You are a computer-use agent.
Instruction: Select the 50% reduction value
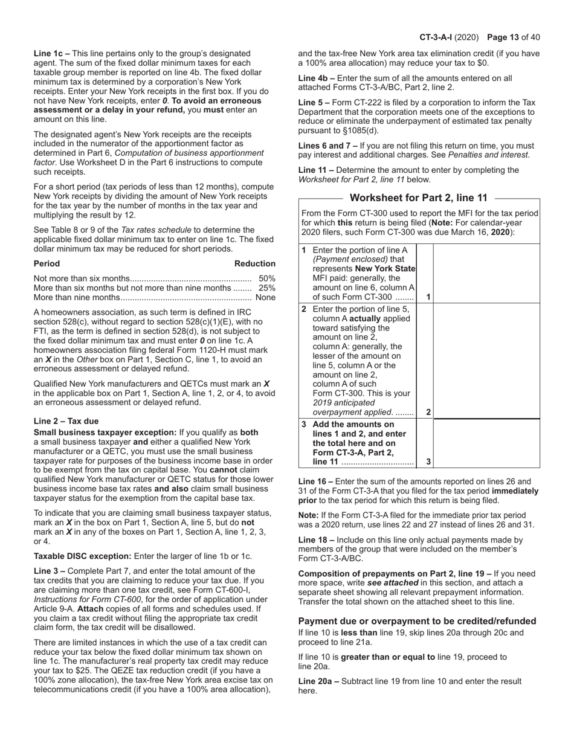coord(266,278)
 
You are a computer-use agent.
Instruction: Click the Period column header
coord(47,263)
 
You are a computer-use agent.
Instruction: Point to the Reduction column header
coord(254,263)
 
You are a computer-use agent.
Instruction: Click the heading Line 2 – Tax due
coord(66,421)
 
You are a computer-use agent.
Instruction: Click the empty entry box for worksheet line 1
coord(486,273)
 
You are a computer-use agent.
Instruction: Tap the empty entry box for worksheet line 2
coord(486,361)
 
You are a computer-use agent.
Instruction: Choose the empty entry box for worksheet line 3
coord(486,443)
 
